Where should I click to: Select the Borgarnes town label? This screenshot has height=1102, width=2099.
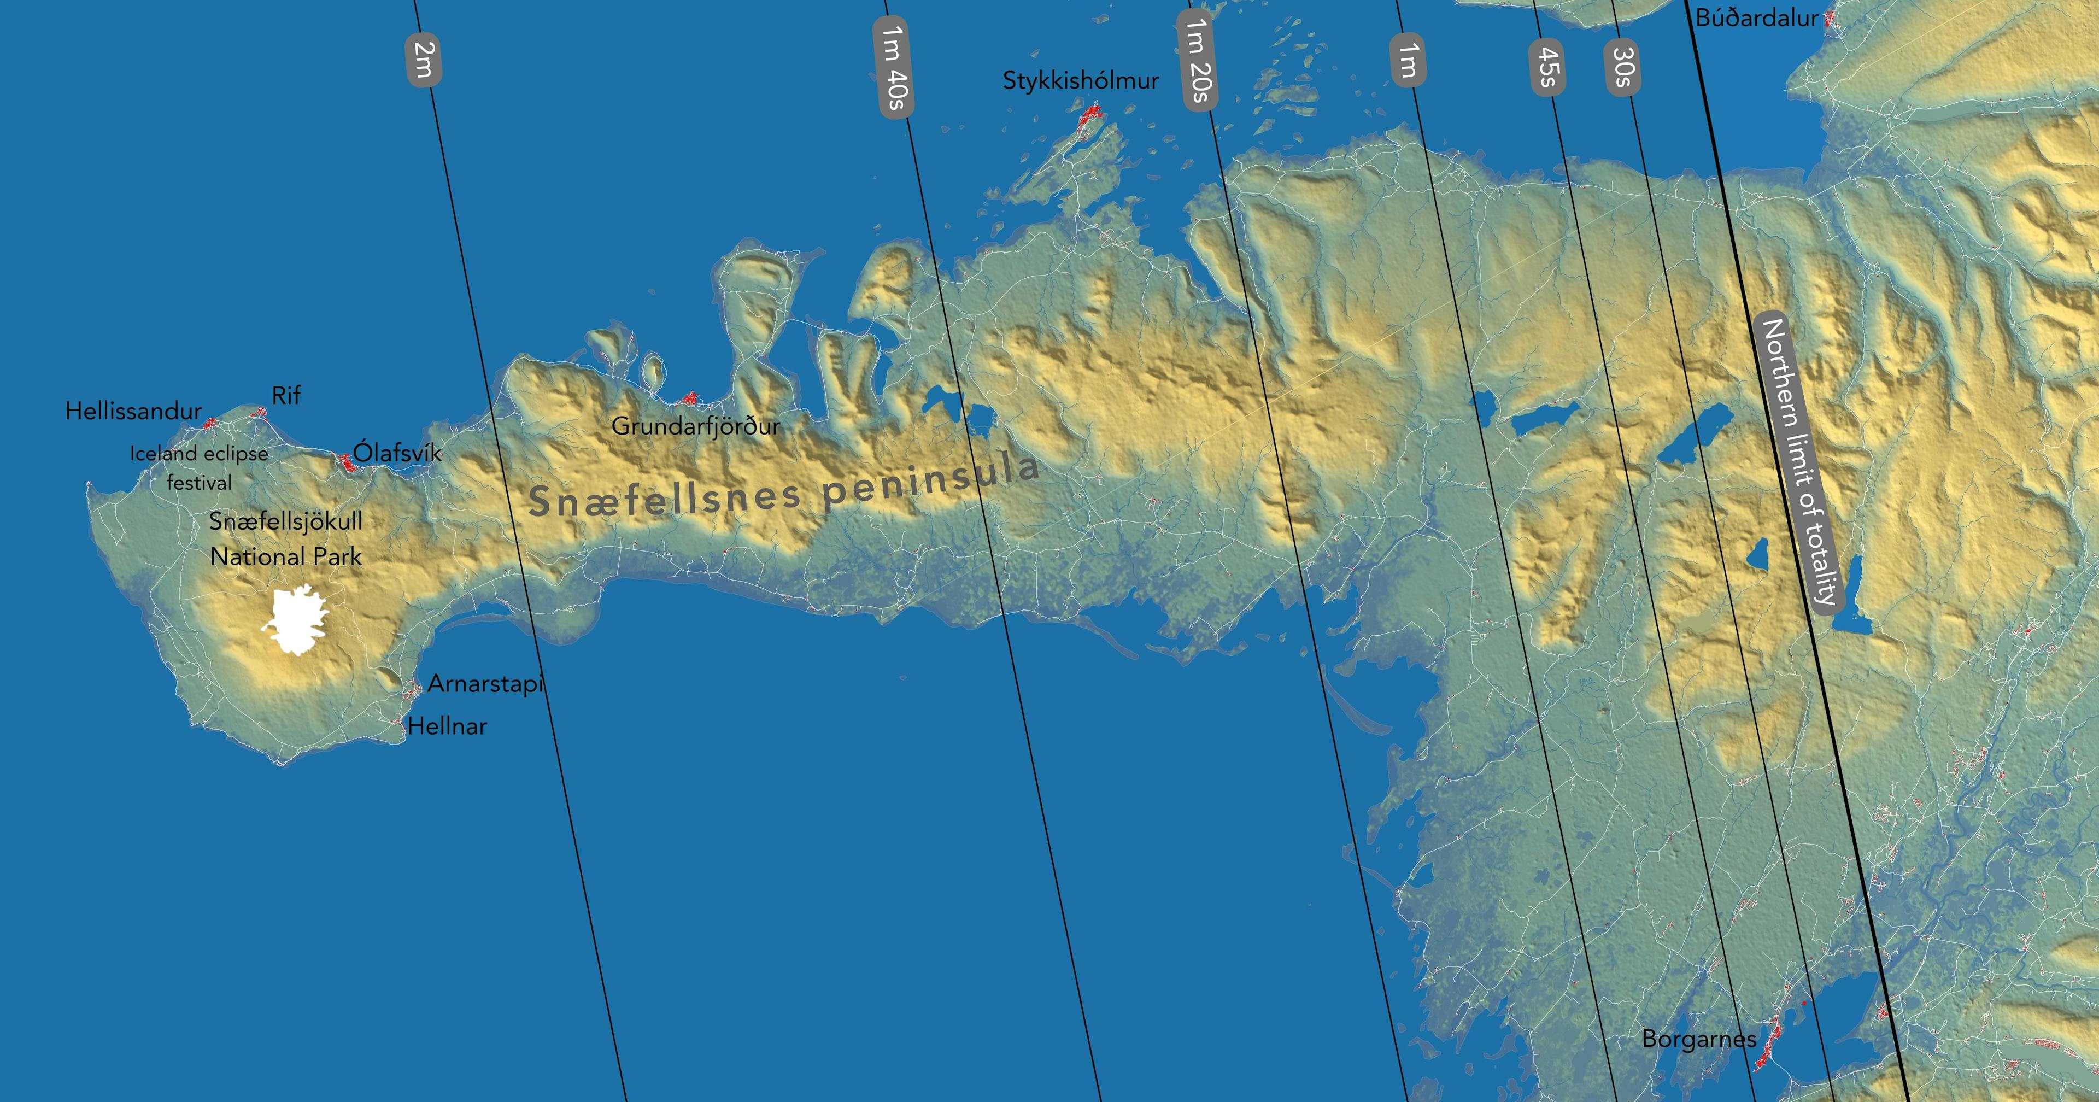point(1699,1039)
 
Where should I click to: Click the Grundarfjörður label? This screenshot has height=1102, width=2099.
point(696,425)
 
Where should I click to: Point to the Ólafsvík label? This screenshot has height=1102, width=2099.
point(397,453)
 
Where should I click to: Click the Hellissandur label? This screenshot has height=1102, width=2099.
point(133,411)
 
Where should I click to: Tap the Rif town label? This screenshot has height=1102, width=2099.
point(286,395)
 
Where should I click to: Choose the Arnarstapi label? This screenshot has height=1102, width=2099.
point(485,683)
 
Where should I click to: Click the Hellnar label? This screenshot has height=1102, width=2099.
point(447,725)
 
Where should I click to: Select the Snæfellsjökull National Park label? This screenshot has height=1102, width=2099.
point(286,539)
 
